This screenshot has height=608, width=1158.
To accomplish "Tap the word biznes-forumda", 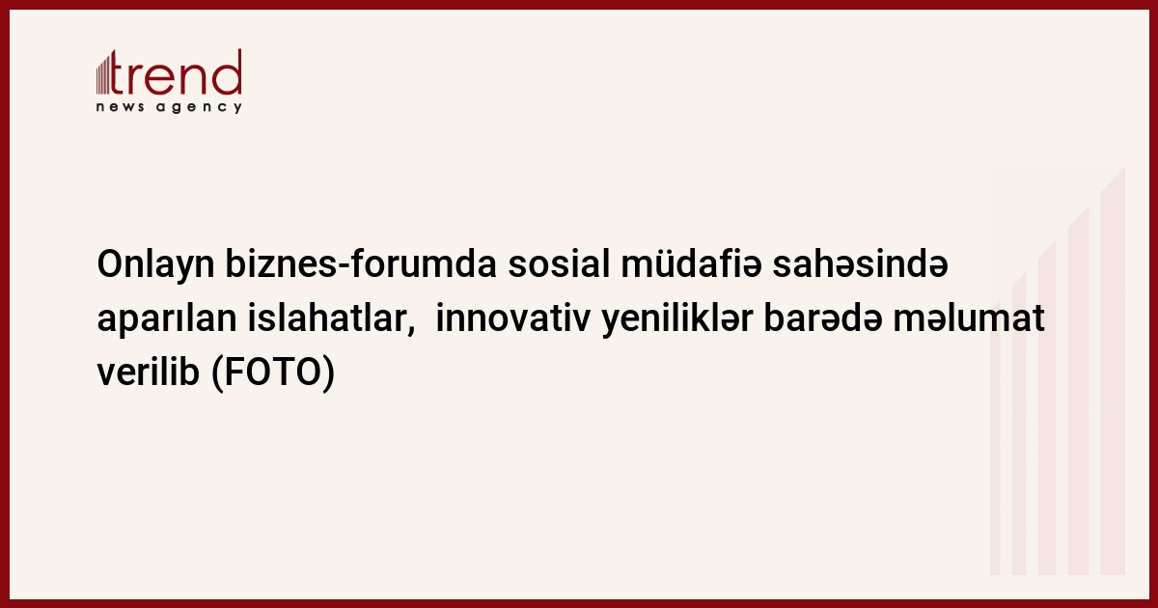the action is pyautogui.click(x=361, y=263).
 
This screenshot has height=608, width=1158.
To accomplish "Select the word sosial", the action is pyautogui.click(x=559, y=263).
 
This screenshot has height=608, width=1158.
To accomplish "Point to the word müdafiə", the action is pyautogui.click(x=691, y=263).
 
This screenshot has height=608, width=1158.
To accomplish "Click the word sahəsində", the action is pyautogui.click(x=860, y=263).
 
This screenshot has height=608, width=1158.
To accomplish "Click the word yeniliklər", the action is pyautogui.click(x=677, y=320).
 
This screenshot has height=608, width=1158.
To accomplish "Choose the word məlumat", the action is pyautogui.click(x=969, y=319).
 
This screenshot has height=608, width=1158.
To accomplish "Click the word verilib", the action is pyautogui.click(x=149, y=372).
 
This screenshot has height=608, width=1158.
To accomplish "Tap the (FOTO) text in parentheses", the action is pyautogui.click(x=273, y=373).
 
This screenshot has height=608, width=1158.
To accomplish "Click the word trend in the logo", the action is pyautogui.click(x=176, y=72).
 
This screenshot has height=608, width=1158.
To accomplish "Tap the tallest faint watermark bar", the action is pyautogui.click(x=1113, y=371).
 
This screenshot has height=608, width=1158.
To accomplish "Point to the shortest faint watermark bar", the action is pyautogui.click(x=995, y=438).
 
